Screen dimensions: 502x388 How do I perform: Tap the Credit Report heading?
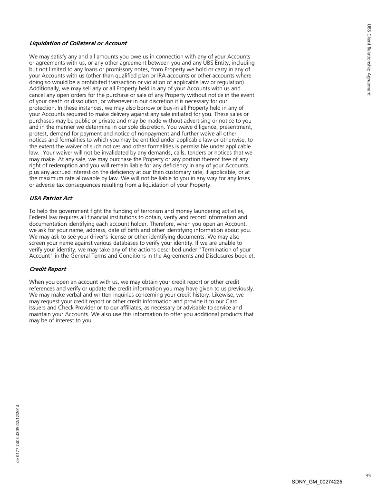coord(48,269)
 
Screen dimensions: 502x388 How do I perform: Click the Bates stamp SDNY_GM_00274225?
coord(317,482)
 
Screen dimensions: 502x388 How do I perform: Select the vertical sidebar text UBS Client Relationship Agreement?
coord(369,59)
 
